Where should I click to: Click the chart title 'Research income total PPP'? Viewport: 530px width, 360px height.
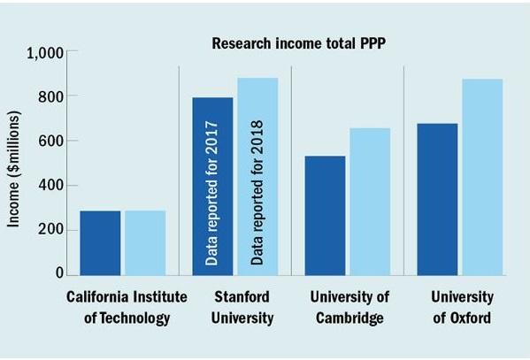299,43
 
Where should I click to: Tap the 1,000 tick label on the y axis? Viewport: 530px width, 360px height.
45,53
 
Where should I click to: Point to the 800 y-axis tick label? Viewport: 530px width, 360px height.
50,97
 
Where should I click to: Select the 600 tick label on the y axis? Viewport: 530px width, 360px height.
50,141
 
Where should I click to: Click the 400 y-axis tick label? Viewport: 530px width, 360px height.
50,185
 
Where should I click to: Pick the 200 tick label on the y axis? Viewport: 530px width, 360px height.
50,229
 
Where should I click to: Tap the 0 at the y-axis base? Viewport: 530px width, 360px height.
59,272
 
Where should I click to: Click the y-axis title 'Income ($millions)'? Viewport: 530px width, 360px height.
14,169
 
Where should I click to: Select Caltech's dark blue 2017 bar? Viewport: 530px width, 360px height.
100,243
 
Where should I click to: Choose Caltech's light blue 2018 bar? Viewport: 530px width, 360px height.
145,243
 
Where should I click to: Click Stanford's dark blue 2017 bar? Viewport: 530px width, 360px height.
212,187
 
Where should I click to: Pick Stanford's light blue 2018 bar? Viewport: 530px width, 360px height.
257,176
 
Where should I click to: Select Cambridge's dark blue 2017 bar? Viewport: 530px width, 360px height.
325,216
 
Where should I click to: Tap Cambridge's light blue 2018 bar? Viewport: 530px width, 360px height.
370,202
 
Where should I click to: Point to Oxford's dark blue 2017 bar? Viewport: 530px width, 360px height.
437,199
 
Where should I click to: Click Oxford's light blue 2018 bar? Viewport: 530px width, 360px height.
483,177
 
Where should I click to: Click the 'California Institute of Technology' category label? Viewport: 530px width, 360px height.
127,308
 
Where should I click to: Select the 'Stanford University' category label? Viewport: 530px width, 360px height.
242,308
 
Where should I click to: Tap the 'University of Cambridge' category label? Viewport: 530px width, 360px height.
349,308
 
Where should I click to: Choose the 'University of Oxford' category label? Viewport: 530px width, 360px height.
462,308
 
